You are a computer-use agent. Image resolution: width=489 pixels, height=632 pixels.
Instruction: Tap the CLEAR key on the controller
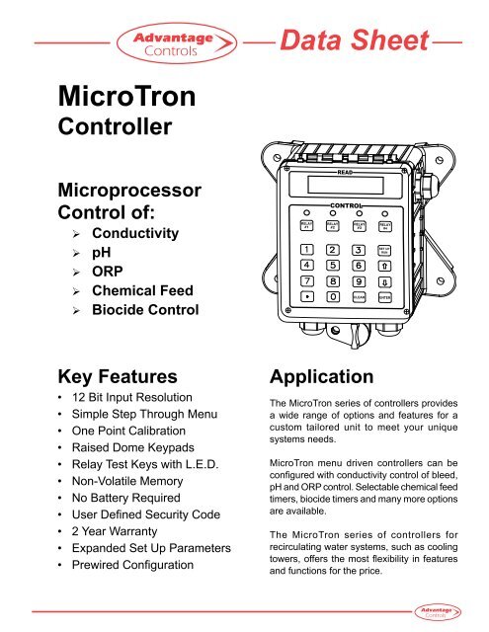click(x=359, y=295)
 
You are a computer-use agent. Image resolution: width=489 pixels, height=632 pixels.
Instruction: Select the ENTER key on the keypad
click(x=385, y=295)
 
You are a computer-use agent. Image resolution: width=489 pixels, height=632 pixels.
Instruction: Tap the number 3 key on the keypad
click(x=358, y=249)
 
